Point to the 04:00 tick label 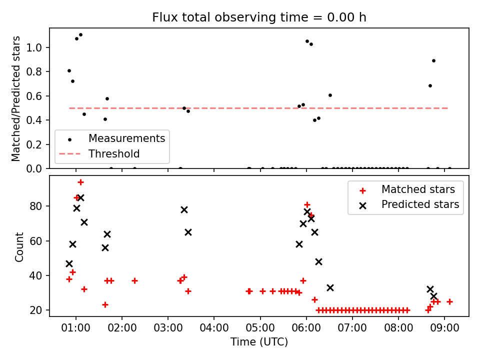tap(214, 328)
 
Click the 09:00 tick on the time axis tap(444, 328)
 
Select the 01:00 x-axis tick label tap(76, 328)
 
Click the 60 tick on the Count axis tap(35, 241)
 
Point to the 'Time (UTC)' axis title tap(259, 341)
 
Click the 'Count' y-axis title tap(19, 246)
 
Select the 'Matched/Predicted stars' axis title tap(16, 98)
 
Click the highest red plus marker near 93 tap(80, 182)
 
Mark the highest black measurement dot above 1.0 tap(80, 35)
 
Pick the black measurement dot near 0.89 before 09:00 tap(433, 61)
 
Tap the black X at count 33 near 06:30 tap(330, 288)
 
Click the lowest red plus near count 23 tap(105, 305)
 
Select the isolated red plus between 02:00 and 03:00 tap(134, 280)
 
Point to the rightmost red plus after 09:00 tap(449, 302)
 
